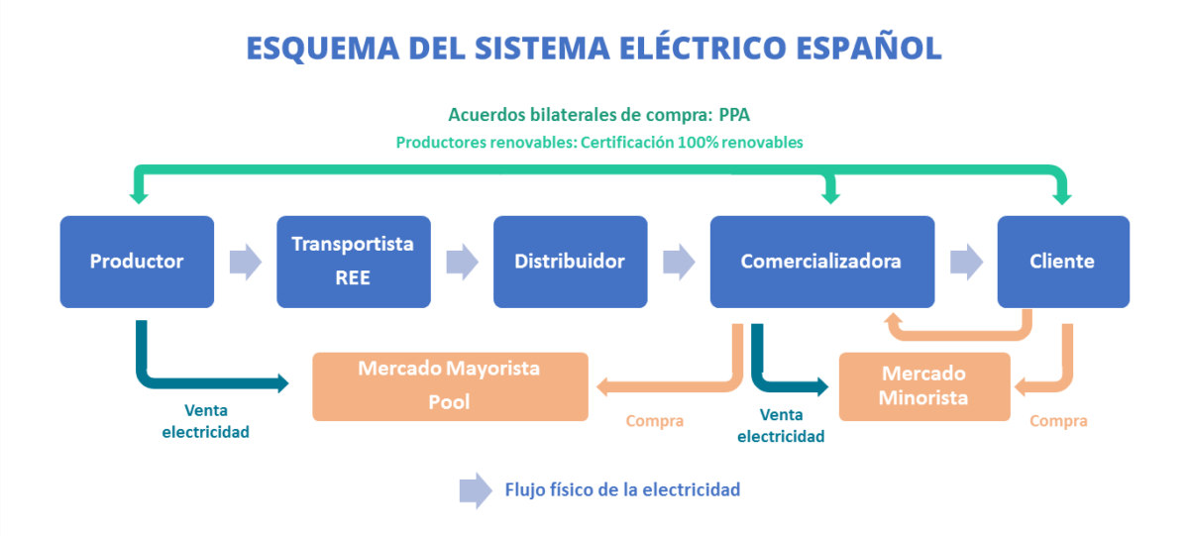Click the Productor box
(137, 262)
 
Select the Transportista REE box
(354, 262)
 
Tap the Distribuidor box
(570, 262)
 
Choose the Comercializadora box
(821, 262)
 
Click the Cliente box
(1062, 262)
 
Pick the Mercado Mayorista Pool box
(450, 386)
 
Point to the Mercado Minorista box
(924, 386)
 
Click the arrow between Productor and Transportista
(245, 262)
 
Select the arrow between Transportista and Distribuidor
(462, 262)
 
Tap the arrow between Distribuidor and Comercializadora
(679, 262)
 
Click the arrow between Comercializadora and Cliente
(966, 262)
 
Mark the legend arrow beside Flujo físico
(476, 489)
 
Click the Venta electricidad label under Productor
(205, 421)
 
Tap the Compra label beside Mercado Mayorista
(654, 421)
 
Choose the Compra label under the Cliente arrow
(1058, 421)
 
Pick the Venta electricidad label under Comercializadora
(781, 426)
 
